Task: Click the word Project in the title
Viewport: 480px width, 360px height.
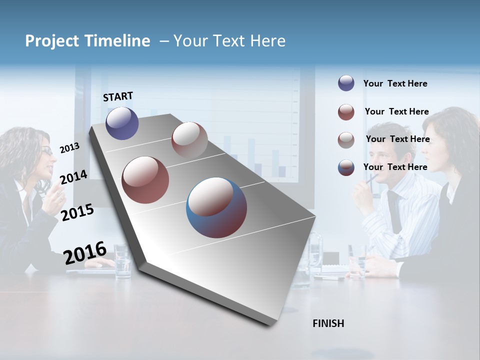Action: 52,41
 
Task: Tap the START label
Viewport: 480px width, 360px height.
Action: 118,96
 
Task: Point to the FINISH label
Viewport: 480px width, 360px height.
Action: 328,323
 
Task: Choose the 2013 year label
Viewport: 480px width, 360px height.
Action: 69,148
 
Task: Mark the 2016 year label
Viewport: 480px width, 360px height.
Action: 85,253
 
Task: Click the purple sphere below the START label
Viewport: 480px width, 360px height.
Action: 122,123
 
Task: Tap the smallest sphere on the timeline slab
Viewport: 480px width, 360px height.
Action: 189,139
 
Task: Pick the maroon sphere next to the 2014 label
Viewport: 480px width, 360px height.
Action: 145,179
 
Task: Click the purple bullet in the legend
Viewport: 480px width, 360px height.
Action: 346,83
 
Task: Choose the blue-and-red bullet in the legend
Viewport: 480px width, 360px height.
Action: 346,167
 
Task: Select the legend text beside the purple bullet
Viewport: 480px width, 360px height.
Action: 395,83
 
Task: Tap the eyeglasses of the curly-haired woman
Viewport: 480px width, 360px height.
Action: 46,151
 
